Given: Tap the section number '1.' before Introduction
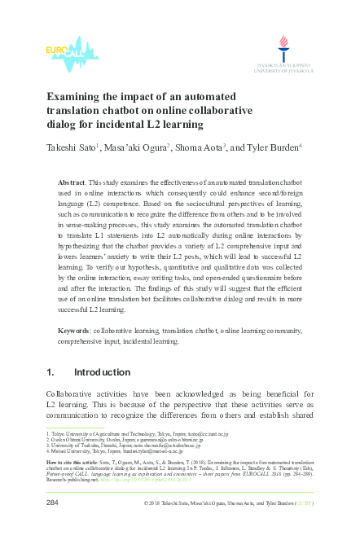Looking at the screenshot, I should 51,373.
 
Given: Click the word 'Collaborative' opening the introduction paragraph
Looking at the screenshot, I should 78,394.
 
